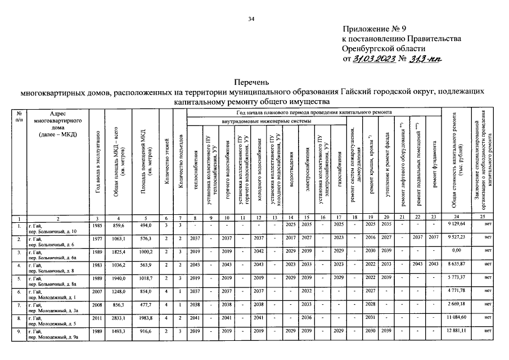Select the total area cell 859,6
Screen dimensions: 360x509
(x=118, y=225)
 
